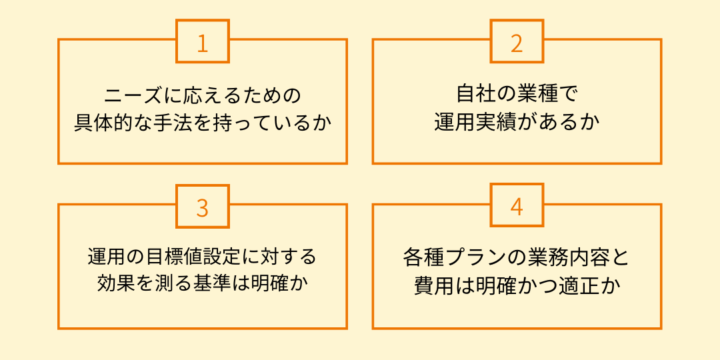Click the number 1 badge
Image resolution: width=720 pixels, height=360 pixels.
(202, 41)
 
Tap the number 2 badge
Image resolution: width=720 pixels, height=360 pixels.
(517, 41)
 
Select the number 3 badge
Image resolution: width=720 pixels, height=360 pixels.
(202, 206)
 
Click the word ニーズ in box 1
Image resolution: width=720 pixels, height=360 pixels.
(129, 96)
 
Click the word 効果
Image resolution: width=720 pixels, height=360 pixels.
(114, 284)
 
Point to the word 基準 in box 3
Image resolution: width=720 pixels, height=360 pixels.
(215, 284)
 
